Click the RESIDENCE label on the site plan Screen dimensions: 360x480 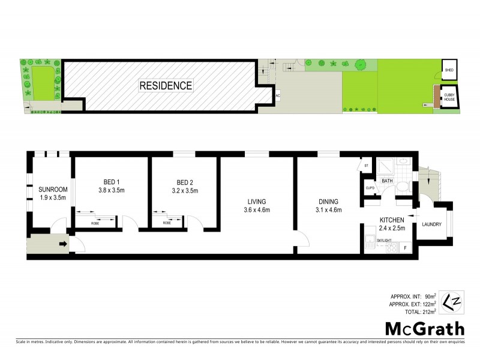(166, 86)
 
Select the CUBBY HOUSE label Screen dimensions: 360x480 (449, 96)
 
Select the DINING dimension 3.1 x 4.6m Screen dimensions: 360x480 (328, 210)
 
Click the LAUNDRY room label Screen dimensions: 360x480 (432, 225)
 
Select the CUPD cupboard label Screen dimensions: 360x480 (370, 188)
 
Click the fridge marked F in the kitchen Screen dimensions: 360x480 (406, 247)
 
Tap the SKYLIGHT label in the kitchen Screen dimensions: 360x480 (384, 240)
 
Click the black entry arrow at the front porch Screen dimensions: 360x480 (62, 244)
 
